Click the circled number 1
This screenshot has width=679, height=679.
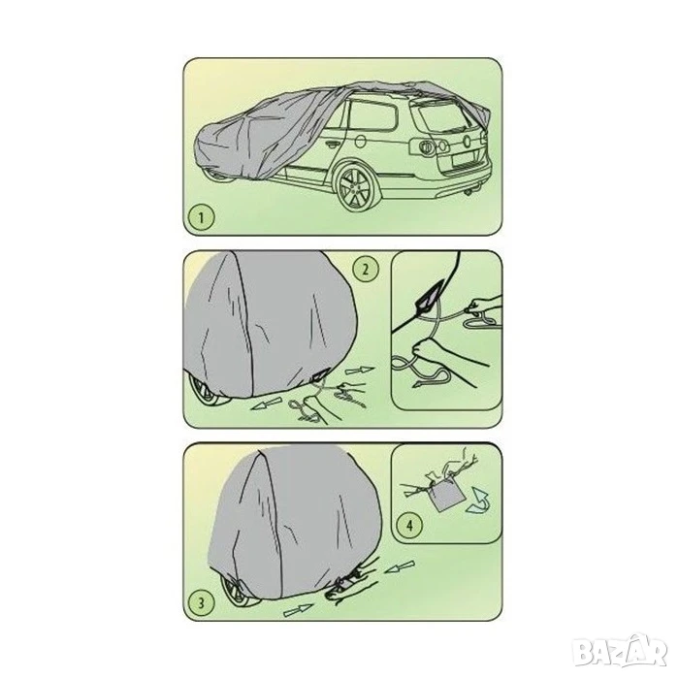tap(201, 217)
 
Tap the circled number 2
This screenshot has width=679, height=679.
tap(365, 269)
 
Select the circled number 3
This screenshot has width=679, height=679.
tap(201, 602)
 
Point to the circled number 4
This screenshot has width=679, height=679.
tap(409, 526)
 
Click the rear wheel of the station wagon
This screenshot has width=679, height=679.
tap(355, 186)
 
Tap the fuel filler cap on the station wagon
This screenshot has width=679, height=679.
tap(360, 142)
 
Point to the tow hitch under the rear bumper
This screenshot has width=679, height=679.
tap(469, 194)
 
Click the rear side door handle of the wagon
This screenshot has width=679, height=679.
tap(333, 145)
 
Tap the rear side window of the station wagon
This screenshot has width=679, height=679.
tap(372, 115)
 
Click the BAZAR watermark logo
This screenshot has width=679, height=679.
tap(618, 648)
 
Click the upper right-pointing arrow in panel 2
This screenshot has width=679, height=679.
tap(360, 372)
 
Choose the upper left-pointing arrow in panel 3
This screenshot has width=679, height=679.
tap(400, 566)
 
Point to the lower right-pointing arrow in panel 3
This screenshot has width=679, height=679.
tap(299, 609)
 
